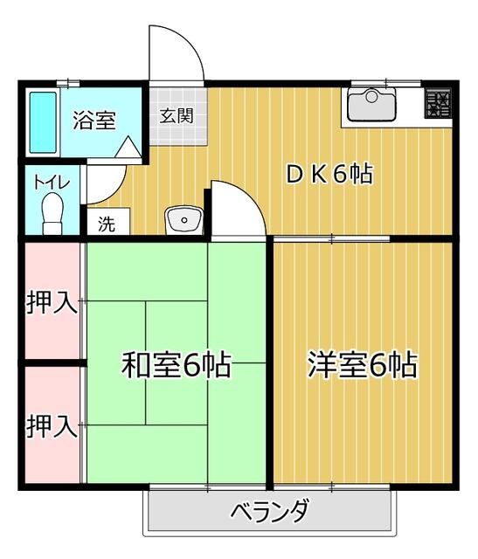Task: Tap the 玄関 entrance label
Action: (x=177, y=114)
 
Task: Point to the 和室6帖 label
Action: (x=176, y=364)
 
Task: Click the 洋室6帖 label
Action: (x=361, y=364)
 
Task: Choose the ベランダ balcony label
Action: (x=268, y=512)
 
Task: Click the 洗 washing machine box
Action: (x=107, y=222)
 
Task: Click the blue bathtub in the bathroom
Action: (x=43, y=121)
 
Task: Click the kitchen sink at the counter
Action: (x=371, y=106)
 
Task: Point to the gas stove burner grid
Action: (x=440, y=105)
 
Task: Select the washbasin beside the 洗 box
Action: (x=184, y=220)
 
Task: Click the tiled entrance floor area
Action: (x=177, y=129)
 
